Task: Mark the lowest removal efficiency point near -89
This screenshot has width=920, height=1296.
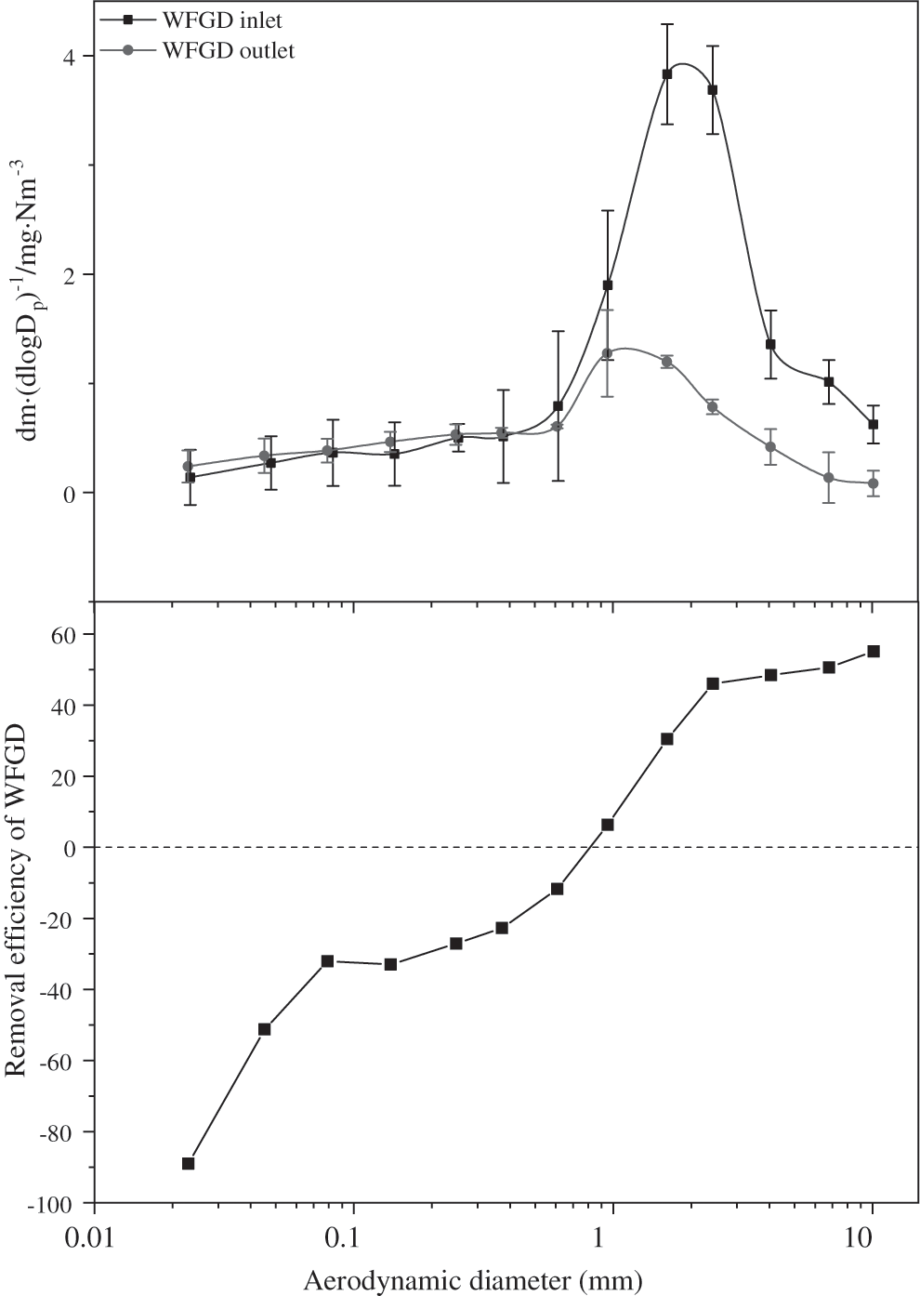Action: point(188,1163)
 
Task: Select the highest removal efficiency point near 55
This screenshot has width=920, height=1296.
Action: point(873,651)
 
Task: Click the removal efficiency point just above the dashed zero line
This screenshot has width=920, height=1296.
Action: point(608,825)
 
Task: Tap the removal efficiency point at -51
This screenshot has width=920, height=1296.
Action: point(264,1029)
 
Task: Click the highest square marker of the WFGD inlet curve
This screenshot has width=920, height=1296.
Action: point(667,74)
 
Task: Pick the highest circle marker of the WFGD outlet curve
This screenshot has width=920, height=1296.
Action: point(607,353)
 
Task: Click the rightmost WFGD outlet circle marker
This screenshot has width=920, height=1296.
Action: point(873,483)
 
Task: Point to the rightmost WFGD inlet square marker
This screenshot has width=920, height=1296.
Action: point(873,424)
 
